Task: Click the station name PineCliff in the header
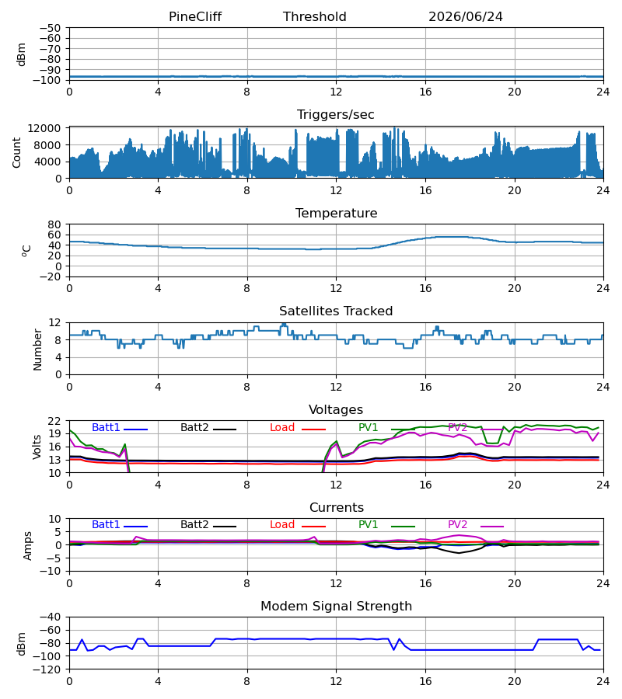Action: coord(195,17)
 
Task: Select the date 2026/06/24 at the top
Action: coord(466,17)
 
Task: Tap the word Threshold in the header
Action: coord(315,17)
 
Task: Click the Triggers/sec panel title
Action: coord(336,115)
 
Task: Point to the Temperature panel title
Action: coord(336,213)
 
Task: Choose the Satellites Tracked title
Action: coord(336,311)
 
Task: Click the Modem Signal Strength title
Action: coord(336,607)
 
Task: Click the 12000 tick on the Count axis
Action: coord(44,128)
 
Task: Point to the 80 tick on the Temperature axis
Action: coord(55,224)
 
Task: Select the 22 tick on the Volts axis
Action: coord(55,421)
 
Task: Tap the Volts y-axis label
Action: coord(37,447)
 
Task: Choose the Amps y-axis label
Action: coord(28,546)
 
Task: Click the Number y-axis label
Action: coord(37,349)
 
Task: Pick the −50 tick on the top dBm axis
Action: coord(51,28)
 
